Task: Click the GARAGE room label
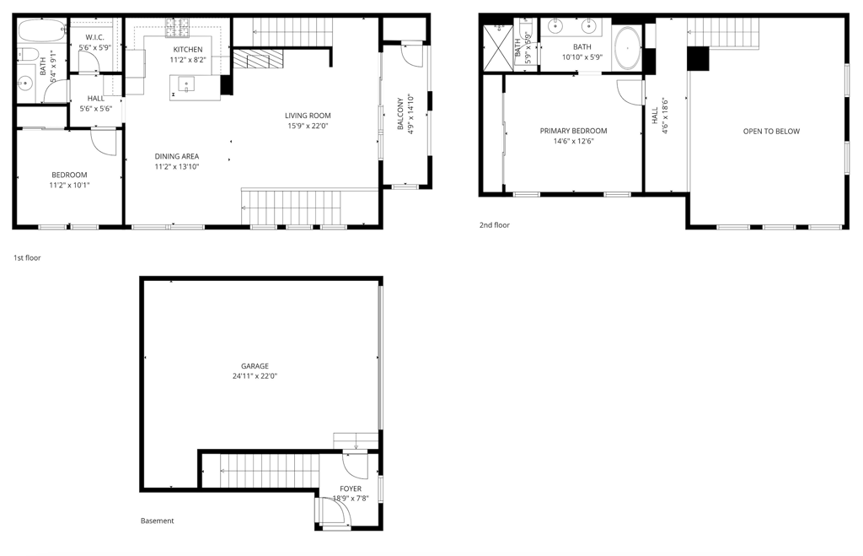tap(255, 366)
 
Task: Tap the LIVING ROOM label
tap(307, 116)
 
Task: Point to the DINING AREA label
tap(176, 156)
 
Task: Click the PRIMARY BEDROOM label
tap(573, 131)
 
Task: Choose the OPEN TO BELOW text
tap(770, 131)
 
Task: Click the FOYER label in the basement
tap(351, 489)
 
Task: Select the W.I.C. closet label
tap(94, 37)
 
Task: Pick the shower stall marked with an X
tap(497, 47)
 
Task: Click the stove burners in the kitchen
tap(178, 29)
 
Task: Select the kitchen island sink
tap(185, 84)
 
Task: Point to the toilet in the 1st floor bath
tap(25, 55)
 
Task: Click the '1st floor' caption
tap(27, 257)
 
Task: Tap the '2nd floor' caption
tap(495, 225)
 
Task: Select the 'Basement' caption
tap(157, 521)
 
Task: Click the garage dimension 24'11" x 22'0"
tap(255, 376)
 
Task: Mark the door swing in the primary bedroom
tap(630, 91)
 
